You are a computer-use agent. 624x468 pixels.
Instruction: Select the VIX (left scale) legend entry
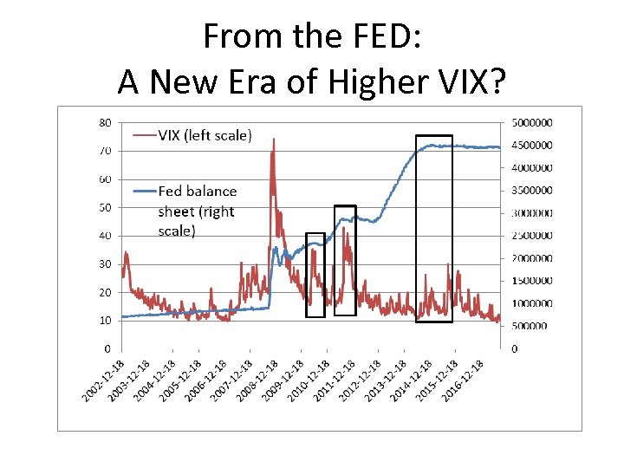tap(205, 134)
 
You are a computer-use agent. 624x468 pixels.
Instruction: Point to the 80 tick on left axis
tap(104, 122)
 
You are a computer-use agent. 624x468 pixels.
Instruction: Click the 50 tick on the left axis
tap(104, 207)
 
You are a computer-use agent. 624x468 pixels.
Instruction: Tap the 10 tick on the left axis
tap(104, 321)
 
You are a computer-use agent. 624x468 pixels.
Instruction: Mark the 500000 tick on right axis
tap(530, 326)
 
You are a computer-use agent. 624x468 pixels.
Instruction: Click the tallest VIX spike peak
tap(274, 139)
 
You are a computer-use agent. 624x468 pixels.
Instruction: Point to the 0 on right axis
tap(514, 348)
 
